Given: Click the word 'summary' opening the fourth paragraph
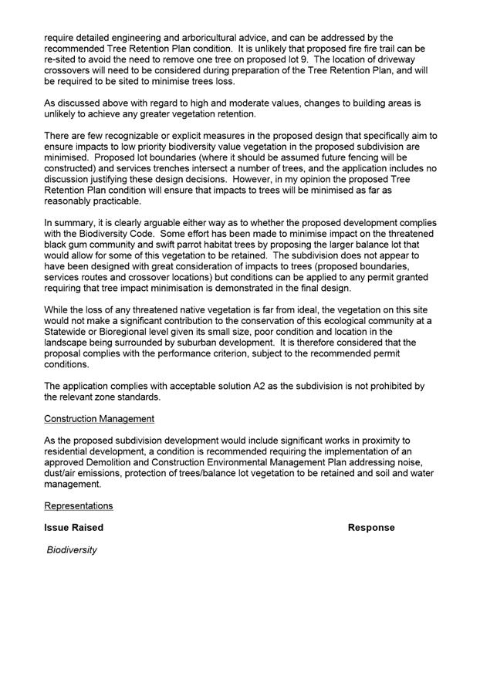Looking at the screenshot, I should [77, 221].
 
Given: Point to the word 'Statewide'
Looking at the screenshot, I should [69, 320].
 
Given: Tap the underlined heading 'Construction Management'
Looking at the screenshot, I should [99, 418].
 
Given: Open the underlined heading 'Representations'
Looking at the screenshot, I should [79, 505].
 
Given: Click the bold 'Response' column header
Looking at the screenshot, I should [371, 528].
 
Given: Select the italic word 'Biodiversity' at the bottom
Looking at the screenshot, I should [72, 550].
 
